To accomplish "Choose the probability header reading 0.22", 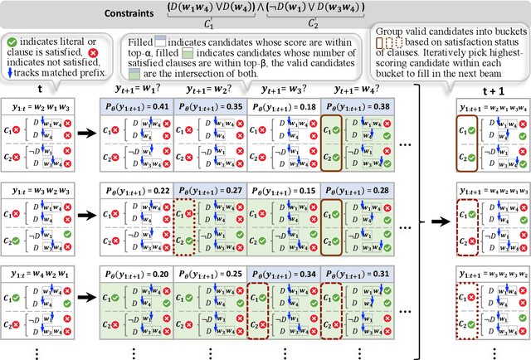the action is click(135, 190).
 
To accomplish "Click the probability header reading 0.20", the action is click(135, 273).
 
